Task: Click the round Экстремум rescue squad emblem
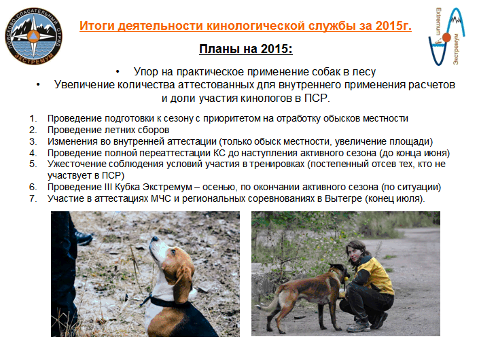click(x=33, y=36)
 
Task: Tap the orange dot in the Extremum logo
click(x=446, y=37)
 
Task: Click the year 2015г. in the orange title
click(x=393, y=26)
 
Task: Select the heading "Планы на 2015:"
click(x=246, y=49)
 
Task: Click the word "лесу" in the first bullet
click(x=363, y=72)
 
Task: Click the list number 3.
click(x=33, y=141)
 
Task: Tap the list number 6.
click(x=33, y=187)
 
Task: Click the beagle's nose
click(x=155, y=238)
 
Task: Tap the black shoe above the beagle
click(x=84, y=238)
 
